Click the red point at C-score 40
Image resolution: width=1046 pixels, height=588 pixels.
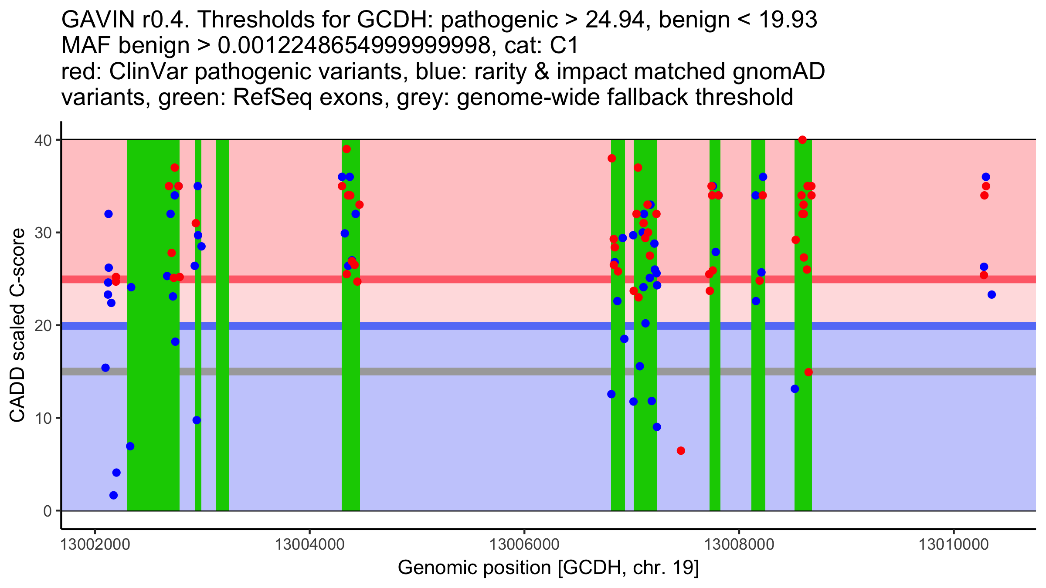coord(802,140)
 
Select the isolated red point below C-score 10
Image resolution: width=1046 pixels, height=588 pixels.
coord(681,451)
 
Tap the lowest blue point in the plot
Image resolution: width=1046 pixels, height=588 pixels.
coord(113,495)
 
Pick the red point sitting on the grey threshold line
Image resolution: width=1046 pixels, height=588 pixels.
coord(808,372)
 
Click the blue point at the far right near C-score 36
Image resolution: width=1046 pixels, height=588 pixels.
coord(986,177)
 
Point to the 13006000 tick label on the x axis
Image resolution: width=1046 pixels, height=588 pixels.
coord(524,544)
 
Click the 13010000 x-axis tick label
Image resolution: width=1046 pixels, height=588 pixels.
coord(954,544)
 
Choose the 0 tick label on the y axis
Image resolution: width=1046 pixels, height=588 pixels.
coord(47,511)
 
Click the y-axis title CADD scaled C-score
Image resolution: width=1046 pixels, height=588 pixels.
coord(17,327)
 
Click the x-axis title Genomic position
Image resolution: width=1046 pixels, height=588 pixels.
coord(548,568)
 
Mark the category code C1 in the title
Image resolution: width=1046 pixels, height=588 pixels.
coord(564,46)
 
